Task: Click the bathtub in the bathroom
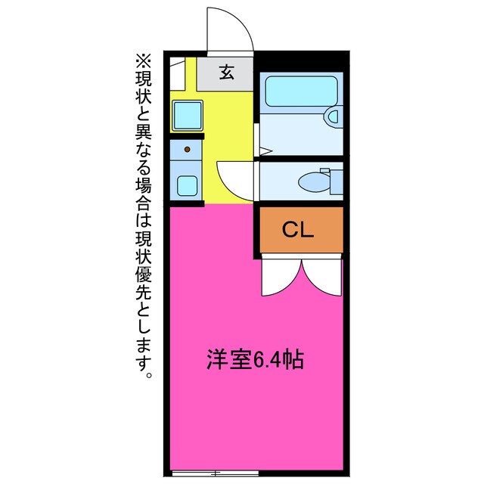(x=294, y=91)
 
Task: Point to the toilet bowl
(x=312, y=181)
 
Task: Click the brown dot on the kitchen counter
(x=187, y=150)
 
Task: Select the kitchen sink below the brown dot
(x=186, y=183)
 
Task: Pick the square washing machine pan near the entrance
(x=185, y=115)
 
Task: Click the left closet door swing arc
(x=281, y=278)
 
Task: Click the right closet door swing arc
(x=322, y=278)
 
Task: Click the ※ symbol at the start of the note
(x=143, y=59)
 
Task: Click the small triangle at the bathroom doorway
(x=265, y=153)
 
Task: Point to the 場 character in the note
(x=143, y=185)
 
